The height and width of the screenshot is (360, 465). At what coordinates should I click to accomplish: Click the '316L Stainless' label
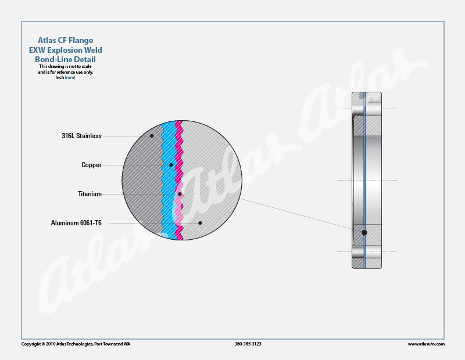point(81,136)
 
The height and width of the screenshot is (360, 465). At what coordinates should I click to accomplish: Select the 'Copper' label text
point(92,165)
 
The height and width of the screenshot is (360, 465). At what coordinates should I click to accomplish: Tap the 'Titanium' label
point(90,194)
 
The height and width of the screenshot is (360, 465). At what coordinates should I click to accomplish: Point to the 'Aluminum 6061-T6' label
point(76,223)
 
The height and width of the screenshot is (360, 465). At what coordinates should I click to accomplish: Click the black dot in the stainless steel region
point(152,136)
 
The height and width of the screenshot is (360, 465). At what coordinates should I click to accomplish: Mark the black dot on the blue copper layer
point(171,165)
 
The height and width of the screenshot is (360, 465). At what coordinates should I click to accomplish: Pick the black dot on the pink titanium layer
point(180,194)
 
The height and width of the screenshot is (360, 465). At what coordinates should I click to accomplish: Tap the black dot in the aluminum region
point(200,223)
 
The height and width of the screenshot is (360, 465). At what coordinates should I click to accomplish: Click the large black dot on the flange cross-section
point(364,233)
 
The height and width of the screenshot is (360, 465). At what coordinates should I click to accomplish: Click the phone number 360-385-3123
point(248,344)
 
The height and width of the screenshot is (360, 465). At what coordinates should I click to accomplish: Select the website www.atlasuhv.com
point(426,344)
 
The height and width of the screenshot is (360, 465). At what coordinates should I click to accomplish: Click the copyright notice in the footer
point(76,344)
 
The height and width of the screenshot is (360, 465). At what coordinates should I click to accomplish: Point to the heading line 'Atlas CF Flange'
point(66,40)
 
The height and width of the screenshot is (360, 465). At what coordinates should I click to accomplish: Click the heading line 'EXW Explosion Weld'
point(66,50)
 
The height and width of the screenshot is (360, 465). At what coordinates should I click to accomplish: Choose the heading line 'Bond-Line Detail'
point(65,59)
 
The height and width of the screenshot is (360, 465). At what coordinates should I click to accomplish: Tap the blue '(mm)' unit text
point(70,78)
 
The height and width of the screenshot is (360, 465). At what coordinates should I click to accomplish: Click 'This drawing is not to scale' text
point(65,66)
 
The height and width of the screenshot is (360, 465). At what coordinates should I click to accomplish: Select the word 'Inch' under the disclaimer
point(60,78)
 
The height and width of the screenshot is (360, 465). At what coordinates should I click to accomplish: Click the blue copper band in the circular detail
point(169,180)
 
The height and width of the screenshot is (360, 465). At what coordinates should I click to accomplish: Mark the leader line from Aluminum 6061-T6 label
point(154,223)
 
